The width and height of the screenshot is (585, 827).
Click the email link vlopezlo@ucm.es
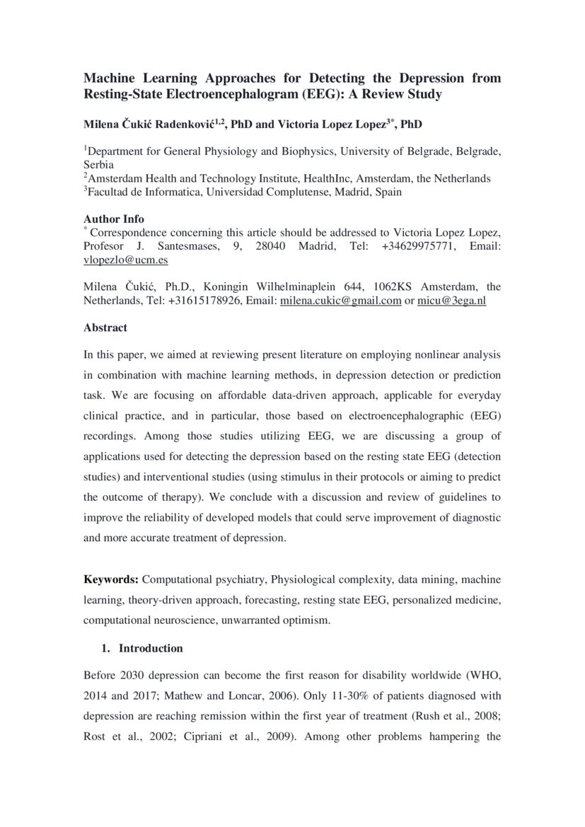click(125, 260)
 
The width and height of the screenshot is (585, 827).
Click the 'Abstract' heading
click(105, 328)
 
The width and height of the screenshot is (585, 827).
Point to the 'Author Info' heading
click(114, 219)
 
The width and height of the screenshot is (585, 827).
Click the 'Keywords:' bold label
click(111, 580)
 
